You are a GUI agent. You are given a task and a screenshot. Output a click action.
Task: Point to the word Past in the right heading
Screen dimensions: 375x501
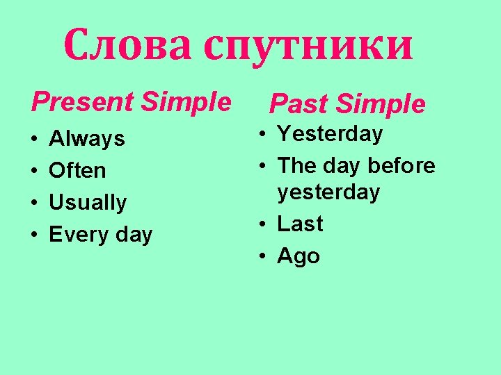click(x=295, y=104)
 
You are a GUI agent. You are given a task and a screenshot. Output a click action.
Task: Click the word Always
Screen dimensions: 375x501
click(x=87, y=140)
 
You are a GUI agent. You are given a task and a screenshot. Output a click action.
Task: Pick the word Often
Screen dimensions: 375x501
click(x=78, y=171)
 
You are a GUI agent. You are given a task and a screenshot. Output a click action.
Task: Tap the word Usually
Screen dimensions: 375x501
click(x=88, y=203)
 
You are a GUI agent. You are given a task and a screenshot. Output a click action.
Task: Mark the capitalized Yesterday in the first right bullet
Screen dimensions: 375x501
click(x=330, y=134)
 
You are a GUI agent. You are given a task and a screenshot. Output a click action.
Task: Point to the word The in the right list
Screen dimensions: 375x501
click(x=297, y=166)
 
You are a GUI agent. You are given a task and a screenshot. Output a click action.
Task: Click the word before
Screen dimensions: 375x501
click(x=401, y=166)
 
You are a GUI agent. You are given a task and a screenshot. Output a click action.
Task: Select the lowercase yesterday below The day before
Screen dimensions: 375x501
click(x=328, y=192)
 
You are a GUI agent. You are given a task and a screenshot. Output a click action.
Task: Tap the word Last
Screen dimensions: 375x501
click(x=300, y=224)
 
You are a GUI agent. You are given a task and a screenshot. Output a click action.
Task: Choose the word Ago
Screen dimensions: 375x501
click(x=299, y=257)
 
